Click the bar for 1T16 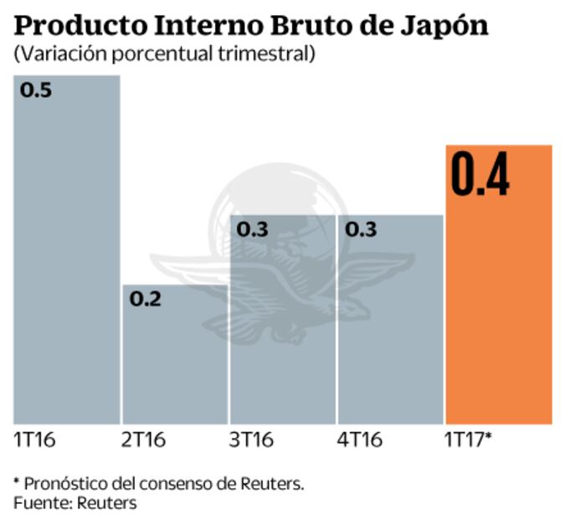click(x=67, y=251)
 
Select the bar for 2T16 click(x=175, y=360)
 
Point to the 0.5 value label click(x=36, y=90)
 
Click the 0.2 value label click(x=145, y=299)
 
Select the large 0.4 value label click(x=480, y=174)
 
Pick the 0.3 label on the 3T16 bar click(x=253, y=229)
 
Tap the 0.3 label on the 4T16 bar click(x=360, y=229)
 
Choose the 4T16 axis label click(x=359, y=439)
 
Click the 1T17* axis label click(x=469, y=439)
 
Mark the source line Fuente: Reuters click(x=74, y=502)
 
